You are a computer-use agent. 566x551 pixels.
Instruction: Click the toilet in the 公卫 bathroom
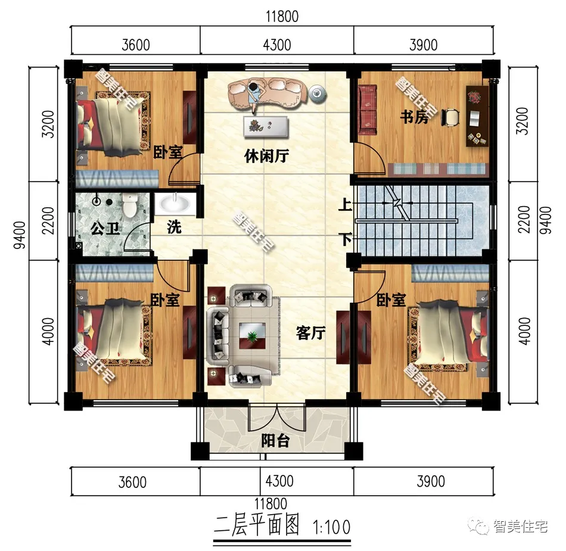coord(129,205)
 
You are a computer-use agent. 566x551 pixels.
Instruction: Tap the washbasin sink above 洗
coord(175,204)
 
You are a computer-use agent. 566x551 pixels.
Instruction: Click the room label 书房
coord(414,117)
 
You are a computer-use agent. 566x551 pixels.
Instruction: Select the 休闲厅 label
coord(266,156)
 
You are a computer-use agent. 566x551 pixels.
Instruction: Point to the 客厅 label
coord(311,333)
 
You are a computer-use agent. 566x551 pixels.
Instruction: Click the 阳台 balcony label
coord(275,441)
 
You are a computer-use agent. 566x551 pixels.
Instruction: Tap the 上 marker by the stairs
coord(345,205)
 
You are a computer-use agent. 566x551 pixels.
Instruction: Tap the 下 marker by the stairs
coord(346,239)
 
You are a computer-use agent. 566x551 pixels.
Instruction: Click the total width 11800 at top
coord(282,17)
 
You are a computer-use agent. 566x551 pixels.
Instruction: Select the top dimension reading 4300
coord(277,45)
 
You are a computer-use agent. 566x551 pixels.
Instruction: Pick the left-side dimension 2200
coord(48,220)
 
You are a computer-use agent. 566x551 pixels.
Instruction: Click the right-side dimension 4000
coord(524,331)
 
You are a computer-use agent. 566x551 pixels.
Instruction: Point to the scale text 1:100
coord(332,527)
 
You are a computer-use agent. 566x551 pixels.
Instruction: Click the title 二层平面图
coord(257,525)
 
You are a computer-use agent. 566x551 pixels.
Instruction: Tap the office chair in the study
coord(450,117)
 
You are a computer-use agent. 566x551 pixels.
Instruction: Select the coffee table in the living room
coord(253,336)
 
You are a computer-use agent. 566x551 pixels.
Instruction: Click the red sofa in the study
coord(368,110)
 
